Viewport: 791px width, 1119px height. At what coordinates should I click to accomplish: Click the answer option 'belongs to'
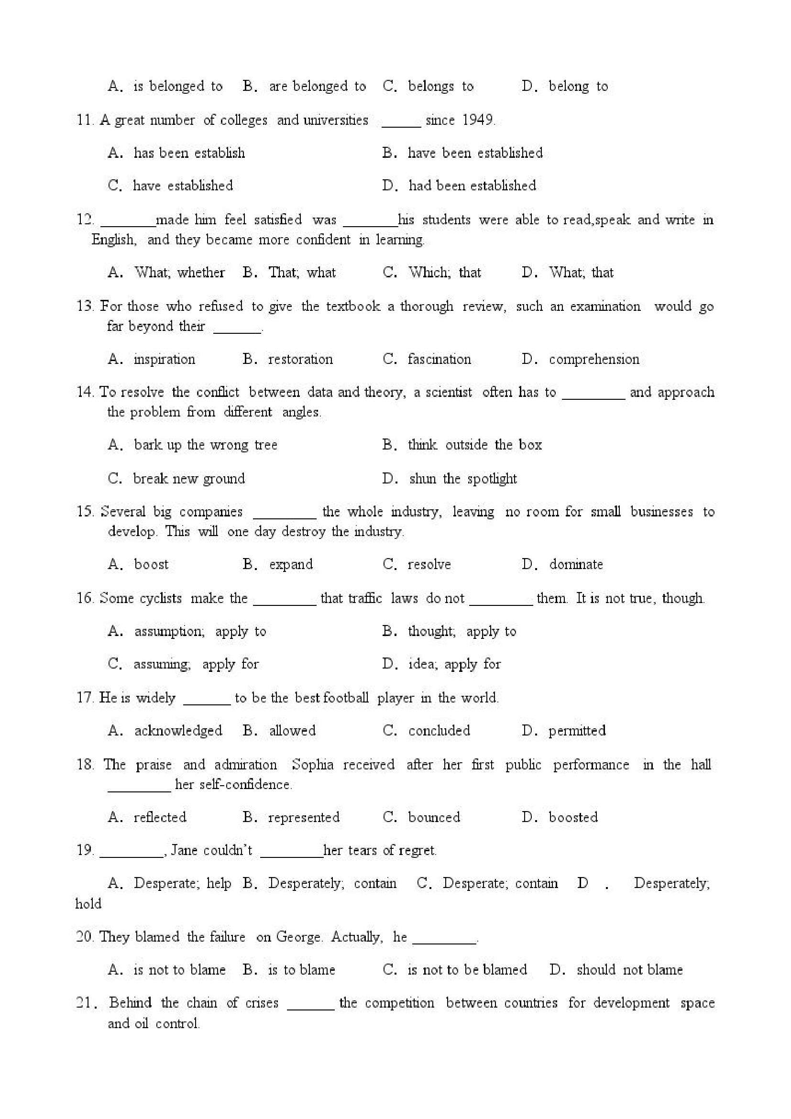click(440, 86)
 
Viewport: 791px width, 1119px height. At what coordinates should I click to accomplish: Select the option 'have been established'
click(475, 153)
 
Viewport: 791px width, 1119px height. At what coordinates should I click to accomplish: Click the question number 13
click(85, 306)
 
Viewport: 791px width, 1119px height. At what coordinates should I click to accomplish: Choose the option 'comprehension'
click(593, 359)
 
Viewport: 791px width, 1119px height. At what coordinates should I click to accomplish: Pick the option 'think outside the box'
click(475, 444)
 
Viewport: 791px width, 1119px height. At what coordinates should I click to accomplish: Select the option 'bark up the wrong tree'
click(205, 444)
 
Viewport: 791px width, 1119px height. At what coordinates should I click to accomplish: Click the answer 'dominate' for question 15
click(576, 564)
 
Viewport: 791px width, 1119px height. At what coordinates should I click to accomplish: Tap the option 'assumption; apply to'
click(200, 632)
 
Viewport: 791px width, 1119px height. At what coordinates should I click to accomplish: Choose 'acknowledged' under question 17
click(178, 731)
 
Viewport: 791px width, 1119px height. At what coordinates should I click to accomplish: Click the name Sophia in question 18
click(312, 764)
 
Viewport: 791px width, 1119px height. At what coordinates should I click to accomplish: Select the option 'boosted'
click(572, 817)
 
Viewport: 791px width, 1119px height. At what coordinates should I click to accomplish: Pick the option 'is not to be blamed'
click(467, 970)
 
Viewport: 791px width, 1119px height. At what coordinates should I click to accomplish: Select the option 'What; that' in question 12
click(581, 273)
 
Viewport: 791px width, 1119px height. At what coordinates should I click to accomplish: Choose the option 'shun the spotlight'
click(462, 479)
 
